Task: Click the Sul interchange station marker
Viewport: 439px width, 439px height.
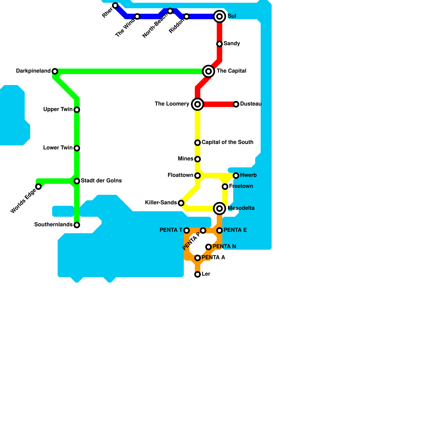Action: click(219, 16)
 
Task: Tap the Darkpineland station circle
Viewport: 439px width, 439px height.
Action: click(55, 71)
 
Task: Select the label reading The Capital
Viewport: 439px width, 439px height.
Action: click(231, 71)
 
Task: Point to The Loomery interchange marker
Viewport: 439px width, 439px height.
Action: click(198, 104)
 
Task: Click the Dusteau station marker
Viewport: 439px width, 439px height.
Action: click(236, 104)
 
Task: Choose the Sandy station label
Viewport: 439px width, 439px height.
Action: click(232, 44)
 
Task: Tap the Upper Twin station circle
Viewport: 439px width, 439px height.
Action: click(77, 110)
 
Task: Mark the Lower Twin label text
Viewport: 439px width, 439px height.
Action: click(58, 148)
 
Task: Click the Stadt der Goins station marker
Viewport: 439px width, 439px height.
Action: click(77, 181)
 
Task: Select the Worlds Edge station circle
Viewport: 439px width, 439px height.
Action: click(38, 187)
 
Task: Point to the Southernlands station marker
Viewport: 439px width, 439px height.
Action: click(77, 225)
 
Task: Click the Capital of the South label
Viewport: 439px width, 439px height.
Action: click(227, 142)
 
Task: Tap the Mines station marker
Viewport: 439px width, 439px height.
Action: click(198, 159)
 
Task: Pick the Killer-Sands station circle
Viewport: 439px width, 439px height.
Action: click(181, 203)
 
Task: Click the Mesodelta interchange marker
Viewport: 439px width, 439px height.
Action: click(219, 209)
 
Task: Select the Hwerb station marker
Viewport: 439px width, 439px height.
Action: click(236, 176)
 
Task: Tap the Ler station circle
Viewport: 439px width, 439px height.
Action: click(198, 274)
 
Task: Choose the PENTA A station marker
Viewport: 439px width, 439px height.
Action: click(198, 258)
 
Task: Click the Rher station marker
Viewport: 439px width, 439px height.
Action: click(115, 5)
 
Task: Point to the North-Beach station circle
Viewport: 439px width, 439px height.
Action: click(170, 11)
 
